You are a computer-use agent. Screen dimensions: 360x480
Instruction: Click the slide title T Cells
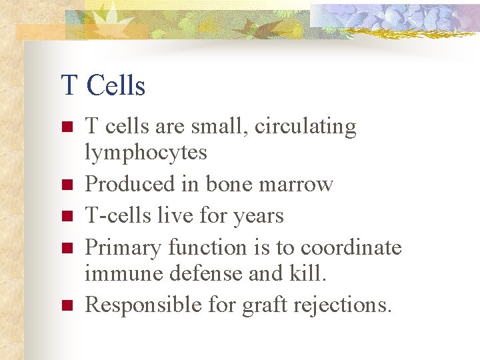103,85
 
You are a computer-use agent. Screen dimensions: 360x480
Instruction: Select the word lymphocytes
146,153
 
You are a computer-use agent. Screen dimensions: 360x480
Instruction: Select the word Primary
124,248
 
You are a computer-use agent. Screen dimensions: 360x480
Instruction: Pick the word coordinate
351,248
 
